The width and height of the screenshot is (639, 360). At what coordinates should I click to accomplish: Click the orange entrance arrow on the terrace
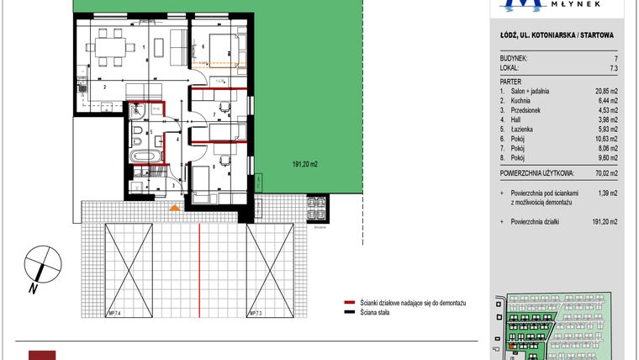pos(174,207)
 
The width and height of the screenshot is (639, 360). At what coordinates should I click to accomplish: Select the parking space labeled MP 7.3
pos(269,271)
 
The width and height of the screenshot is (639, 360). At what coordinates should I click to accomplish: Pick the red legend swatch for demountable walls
pos(347,302)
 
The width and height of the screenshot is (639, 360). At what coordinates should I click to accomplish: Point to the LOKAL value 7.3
pos(614,68)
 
